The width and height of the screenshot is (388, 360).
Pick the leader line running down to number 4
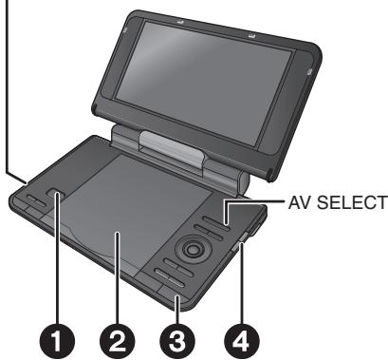pos(243,285)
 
